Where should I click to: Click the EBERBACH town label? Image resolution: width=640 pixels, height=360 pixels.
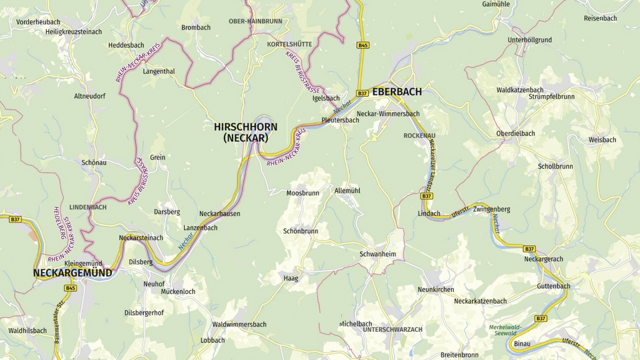(397, 92)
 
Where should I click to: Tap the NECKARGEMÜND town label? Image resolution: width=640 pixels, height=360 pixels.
(72, 273)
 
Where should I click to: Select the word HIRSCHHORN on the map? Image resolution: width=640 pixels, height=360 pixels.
(246, 127)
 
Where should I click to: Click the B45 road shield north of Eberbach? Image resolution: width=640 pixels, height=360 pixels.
(362, 45)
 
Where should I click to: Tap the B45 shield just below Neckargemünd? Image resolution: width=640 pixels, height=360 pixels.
(70, 288)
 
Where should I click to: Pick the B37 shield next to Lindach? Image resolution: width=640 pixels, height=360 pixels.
(426, 196)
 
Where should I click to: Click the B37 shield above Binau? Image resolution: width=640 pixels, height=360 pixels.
(540, 319)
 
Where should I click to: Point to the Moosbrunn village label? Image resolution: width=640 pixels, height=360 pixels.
(302, 193)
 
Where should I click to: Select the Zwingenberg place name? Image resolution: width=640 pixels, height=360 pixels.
(492, 209)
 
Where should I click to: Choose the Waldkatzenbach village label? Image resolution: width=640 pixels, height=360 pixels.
(520, 90)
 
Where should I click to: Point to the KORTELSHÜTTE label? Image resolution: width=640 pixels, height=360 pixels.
(289, 44)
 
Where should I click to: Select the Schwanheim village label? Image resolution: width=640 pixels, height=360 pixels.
(377, 254)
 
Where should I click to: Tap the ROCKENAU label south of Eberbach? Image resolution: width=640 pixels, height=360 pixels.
(419, 136)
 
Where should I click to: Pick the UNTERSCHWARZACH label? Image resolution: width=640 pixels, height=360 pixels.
(392, 329)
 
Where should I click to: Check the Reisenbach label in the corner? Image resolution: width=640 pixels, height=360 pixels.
(601, 18)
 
